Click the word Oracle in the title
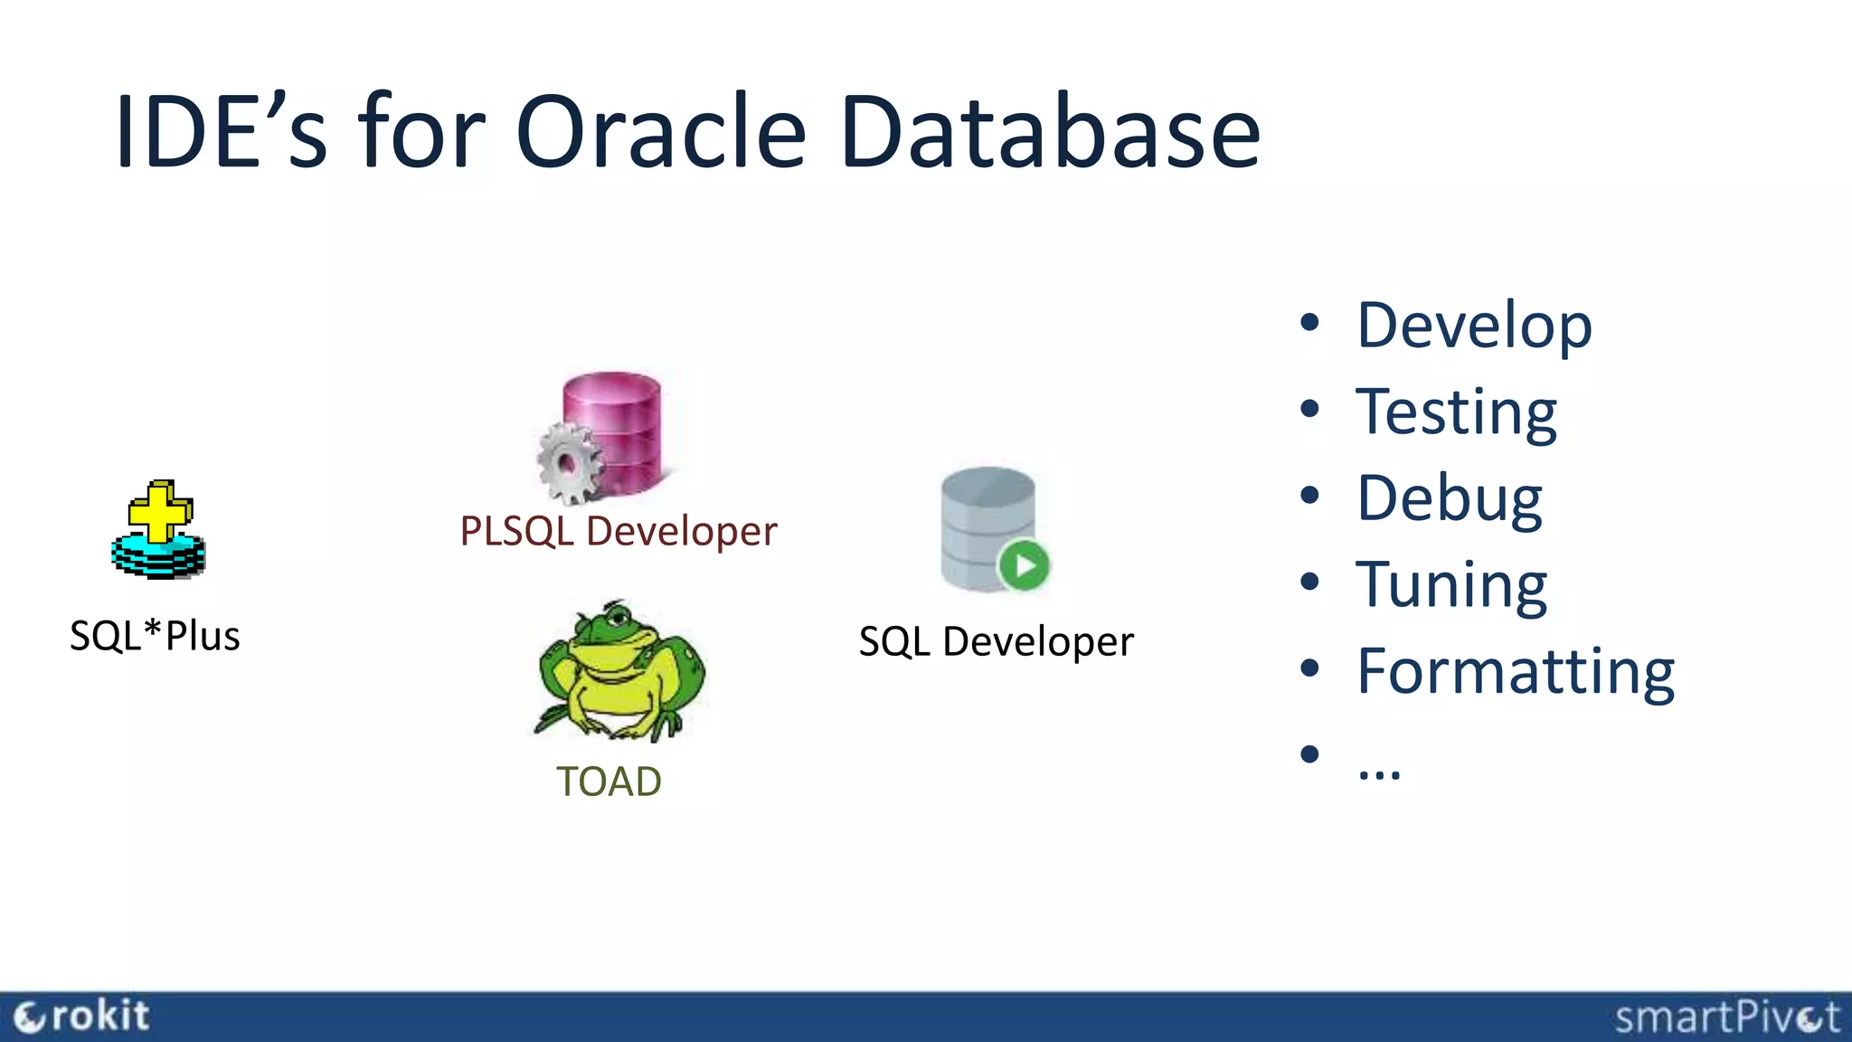point(660,133)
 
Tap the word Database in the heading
point(1050,133)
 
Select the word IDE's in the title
point(220,133)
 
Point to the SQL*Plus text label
point(155,636)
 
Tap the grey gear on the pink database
point(568,464)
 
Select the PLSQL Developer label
point(619,531)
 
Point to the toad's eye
point(619,618)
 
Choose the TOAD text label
point(609,781)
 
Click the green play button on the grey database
point(1024,565)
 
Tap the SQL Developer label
point(996,641)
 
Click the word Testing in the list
point(1456,412)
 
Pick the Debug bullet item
point(1450,498)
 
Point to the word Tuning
point(1451,585)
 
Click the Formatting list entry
point(1516,671)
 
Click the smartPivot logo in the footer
point(1726,1018)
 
